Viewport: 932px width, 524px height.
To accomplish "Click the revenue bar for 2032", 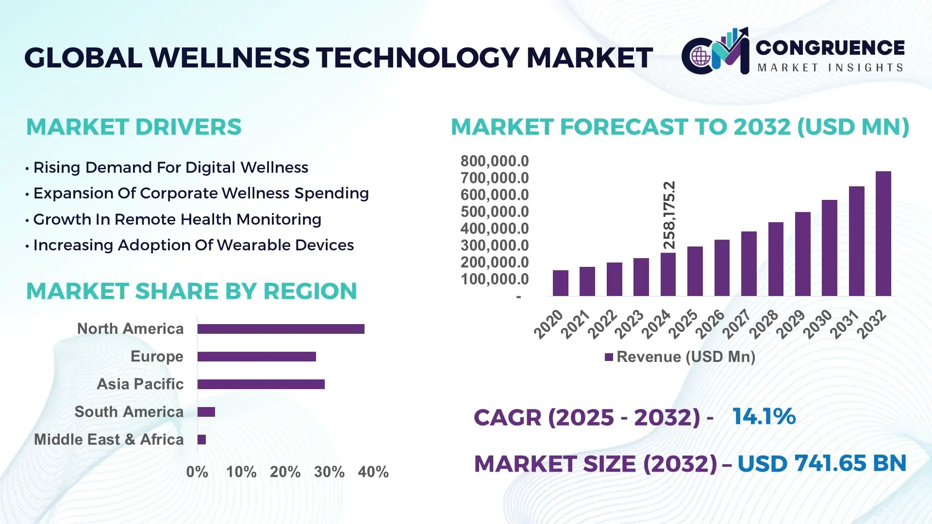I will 883,234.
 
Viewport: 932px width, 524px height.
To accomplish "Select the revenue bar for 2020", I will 560,283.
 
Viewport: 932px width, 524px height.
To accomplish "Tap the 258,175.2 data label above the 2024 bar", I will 669,215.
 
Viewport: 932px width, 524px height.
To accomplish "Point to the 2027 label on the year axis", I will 736,324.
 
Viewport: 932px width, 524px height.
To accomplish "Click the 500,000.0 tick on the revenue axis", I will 494,212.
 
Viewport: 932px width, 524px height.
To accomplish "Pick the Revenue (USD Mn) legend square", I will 609,358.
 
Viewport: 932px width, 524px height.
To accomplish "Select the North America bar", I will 281,329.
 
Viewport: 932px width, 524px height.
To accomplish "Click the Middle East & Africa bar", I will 201,440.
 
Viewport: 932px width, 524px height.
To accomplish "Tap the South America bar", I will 206,412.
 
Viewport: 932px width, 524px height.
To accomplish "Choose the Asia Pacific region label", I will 140,384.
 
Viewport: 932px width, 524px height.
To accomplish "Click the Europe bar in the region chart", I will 256,357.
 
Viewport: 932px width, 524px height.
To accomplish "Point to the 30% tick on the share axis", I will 329,472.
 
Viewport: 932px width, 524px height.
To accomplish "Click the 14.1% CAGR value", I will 764,417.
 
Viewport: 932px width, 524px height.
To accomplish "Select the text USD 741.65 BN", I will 821,463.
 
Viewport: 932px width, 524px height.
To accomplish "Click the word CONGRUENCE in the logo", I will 830,48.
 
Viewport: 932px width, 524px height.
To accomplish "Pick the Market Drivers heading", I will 133,127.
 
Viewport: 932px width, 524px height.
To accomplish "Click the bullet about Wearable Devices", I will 193,246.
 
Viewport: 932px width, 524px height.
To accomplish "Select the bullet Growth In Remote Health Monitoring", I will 177,220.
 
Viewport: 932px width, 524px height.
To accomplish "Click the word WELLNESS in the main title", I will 229,58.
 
